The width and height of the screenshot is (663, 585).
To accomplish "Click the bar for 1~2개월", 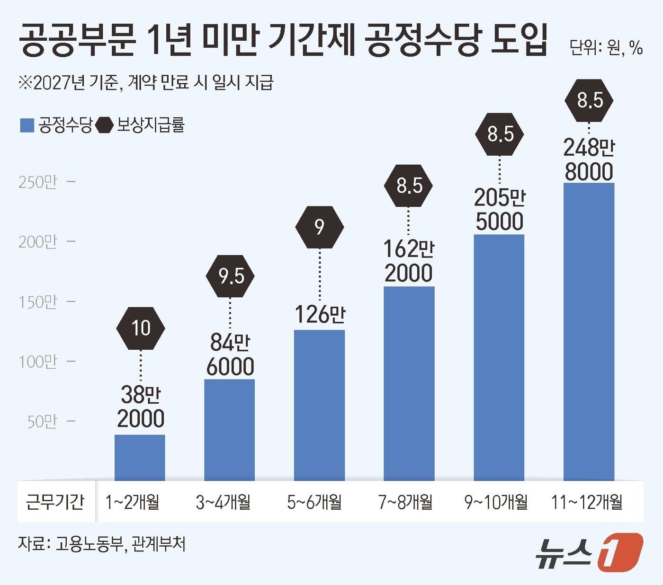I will pyautogui.click(x=140, y=457).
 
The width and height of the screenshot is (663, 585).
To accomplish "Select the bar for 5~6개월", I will pyautogui.click(x=319, y=405).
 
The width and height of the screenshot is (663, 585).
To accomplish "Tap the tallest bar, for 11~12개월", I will pyautogui.click(x=589, y=331).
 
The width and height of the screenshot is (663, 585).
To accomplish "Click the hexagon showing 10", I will pyautogui.click(x=141, y=328).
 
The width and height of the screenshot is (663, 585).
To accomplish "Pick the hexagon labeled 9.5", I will pyautogui.click(x=231, y=276).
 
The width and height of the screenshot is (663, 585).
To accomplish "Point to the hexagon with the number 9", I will pyautogui.click(x=320, y=227).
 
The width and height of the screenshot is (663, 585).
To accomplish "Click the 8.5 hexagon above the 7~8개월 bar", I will pyautogui.click(x=408, y=185).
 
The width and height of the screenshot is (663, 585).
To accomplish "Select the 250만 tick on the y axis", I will pyautogui.click(x=37, y=182).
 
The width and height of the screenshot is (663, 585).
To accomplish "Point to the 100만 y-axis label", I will pyautogui.click(x=37, y=362).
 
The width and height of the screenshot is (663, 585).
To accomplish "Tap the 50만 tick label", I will pyautogui.click(x=42, y=422).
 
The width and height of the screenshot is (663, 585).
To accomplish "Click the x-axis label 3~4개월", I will pyautogui.click(x=223, y=502).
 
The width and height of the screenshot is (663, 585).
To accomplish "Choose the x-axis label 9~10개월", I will pyautogui.click(x=496, y=502).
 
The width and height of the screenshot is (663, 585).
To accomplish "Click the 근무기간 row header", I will pyautogui.click(x=55, y=502).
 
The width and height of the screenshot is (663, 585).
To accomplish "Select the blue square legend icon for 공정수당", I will pyautogui.click(x=27, y=125).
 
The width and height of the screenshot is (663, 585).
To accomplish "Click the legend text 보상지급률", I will pyautogui.click(x=150, y=125).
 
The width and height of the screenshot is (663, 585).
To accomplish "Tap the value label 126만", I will pyautogui.click(x=320, y=315).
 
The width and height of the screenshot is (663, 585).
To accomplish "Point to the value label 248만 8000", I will pyautogui.click(x=589, y=160).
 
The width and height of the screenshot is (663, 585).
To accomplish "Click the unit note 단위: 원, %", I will pyautogui.click(x=606, y=48).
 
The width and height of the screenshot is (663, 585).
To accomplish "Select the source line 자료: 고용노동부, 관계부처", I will pyautogui.click(x=101, y=544).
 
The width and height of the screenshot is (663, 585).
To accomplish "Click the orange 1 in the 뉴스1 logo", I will pyautogui.click(x=620, y=552).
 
